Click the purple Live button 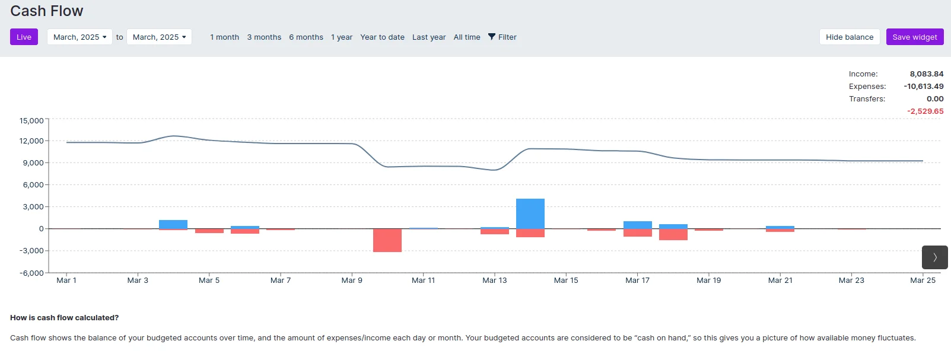[x=24, y=37]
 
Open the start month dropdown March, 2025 [x=79, y=37]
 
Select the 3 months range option [x=264, y=37]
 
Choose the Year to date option [x=382, y=37]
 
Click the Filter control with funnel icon [x=502, y=37]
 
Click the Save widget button [x=914, y=37]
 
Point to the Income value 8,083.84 [x=926, y=74]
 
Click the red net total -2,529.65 [x=925, y=111]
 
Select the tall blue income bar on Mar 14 [x=530, y=214]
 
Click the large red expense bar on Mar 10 [x=387, y=240]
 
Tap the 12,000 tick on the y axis [x=31, y=141]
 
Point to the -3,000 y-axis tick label [x=31, y=251]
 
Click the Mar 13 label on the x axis [x=494, y=281]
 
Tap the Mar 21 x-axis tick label [x=780, y=281]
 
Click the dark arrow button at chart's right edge [x=934, y=257]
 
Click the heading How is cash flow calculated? [x=64, y=318]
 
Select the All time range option [x=466, y=37]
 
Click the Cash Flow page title [x=47, y=11]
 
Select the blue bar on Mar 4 [x=173, y=224]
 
